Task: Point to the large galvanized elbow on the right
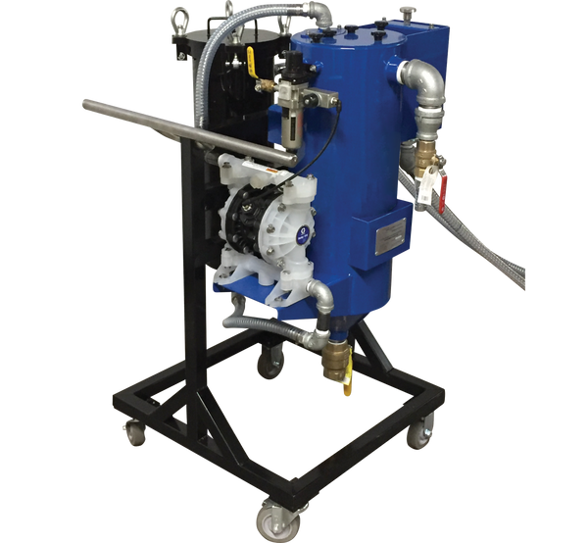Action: pos(423,82)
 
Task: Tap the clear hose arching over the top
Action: pos(220,39)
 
